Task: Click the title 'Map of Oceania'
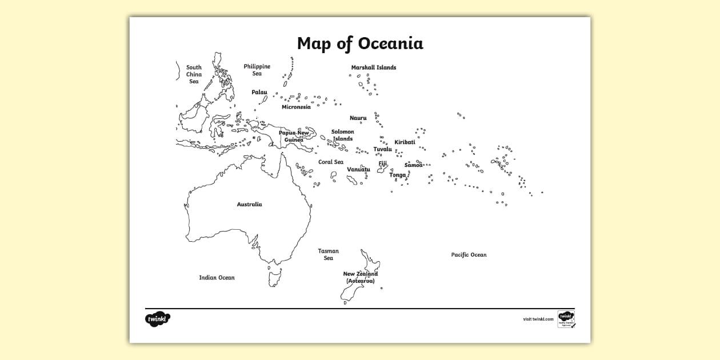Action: (x=360, y=43)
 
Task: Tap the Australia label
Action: (x=250, y=204)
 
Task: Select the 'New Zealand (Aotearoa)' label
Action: (x=360, y=277)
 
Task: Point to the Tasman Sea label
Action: (x=329, y=254)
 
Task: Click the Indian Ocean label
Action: (x=217, y=278)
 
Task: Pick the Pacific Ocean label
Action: (x=469, y=255)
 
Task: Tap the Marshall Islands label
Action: (x=373, y=67)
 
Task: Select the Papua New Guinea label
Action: (x=294, y=136)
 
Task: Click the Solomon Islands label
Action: (x=343, y=135)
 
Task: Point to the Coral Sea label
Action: (x=331, y=162)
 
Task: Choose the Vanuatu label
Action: (x=358, y=169)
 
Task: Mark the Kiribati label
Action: (x=405, y=142)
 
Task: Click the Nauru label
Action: (x=358, y=118)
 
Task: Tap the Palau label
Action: (x=259, y=92)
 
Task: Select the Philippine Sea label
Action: (x=257, y=70)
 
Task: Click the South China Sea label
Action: (x=194, y=74)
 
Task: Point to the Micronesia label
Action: (x=296, y=107)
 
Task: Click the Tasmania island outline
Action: (x=275, y=278)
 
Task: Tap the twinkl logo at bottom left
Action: (x=158, y=319)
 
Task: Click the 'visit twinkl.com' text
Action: (x=538, y=319)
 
